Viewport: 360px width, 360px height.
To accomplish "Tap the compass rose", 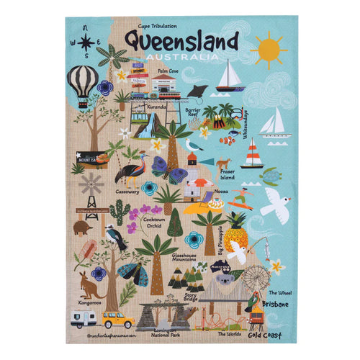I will click(x=84, y=42).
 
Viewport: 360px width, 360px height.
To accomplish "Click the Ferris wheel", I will click(x=256, y=279).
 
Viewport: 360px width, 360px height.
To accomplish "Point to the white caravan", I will click(x=84, y=319).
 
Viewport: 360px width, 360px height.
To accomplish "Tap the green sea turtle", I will click(x=271, y=175).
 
